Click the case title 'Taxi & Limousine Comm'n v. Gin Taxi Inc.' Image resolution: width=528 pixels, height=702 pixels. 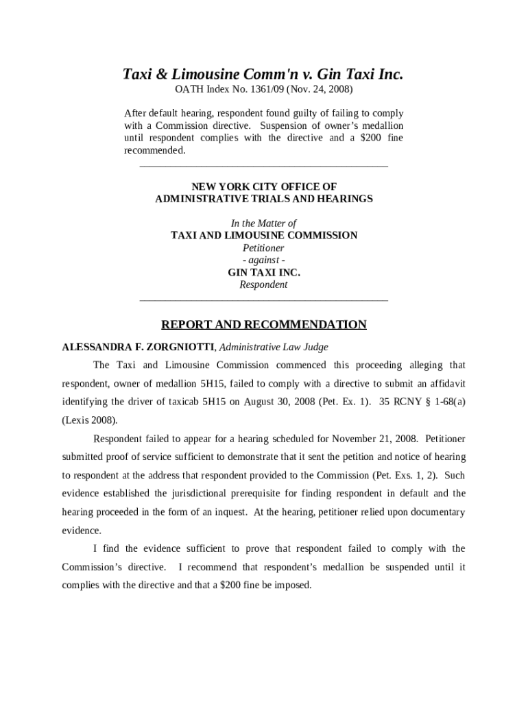coord(263,74)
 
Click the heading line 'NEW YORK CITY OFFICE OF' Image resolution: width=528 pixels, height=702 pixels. coord(263,186)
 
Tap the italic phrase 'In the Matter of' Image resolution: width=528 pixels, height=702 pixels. coord(263,223)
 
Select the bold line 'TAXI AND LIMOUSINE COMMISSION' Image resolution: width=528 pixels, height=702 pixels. coord(263,235)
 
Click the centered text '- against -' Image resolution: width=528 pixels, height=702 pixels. coord(263,260)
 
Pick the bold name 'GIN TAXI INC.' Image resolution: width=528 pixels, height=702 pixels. coord(263,272)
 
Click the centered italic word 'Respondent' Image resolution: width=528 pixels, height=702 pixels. coord(263,285)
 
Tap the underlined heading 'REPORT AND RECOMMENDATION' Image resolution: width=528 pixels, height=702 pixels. coord(263,324)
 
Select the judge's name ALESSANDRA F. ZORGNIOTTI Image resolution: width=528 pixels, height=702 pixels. coord(139,347)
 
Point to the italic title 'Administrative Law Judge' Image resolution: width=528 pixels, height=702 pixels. coord(274,347)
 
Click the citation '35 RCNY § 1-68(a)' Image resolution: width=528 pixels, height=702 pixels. coord(422,402)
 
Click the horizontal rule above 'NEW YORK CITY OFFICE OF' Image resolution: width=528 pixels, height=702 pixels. coord(263,166)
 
